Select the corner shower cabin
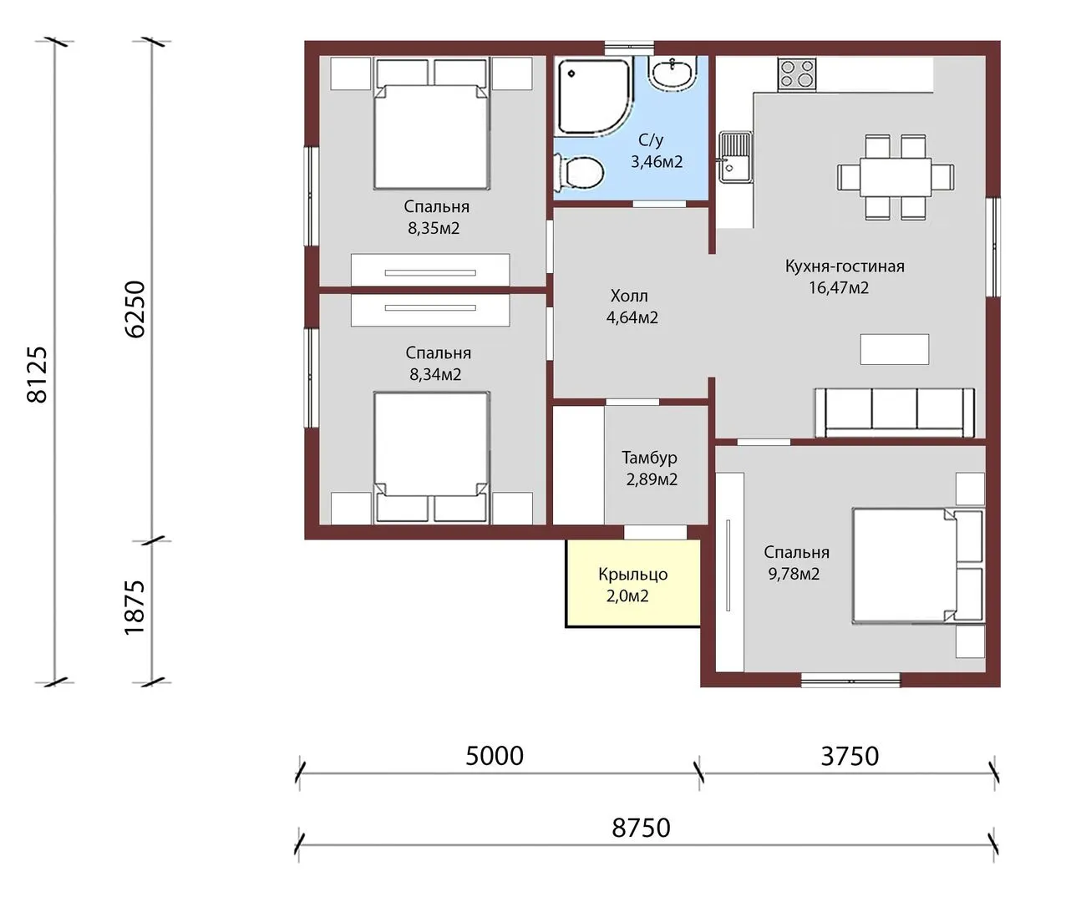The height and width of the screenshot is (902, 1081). tap(594, 96)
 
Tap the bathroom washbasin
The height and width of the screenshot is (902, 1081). tap(672, 73)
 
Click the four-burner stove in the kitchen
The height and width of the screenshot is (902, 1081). tap(796, 74)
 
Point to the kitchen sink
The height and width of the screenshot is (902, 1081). tap(735, 157)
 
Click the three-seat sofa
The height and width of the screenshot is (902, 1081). tap(895, 413)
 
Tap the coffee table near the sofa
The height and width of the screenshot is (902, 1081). tap(894, 349)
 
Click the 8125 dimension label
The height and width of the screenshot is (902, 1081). tap(37, 374)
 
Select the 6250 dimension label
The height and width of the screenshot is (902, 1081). tap(135, 309)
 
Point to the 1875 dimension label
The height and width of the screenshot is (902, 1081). tap(134, 607)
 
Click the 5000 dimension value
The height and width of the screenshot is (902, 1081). tap(495, 756)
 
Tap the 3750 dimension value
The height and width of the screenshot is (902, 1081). tap(850, 756)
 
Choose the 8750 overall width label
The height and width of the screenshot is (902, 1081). tap(641, 828)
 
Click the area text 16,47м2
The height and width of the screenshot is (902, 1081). tap(839, 288)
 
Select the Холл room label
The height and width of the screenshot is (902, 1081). tap(628, 296)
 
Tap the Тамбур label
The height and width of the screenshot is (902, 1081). tap(649, 458)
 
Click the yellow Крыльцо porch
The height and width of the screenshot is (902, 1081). tap(632, 583)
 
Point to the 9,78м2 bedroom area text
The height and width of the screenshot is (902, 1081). tap(794, 574)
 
